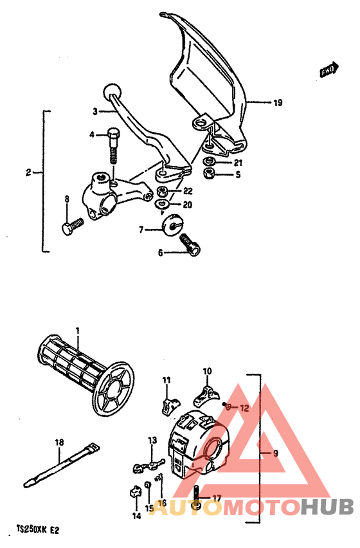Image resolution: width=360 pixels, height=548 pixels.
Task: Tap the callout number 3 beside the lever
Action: click(94, 111)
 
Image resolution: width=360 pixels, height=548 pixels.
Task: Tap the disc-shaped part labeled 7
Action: click(171, 225)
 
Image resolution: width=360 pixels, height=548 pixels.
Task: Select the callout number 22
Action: click(187, 191)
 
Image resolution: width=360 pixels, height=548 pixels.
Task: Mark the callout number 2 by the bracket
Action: click(28, 172)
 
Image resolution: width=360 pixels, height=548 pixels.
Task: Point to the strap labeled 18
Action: click(58, 464)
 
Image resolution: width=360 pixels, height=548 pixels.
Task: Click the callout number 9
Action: click(276, 453)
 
